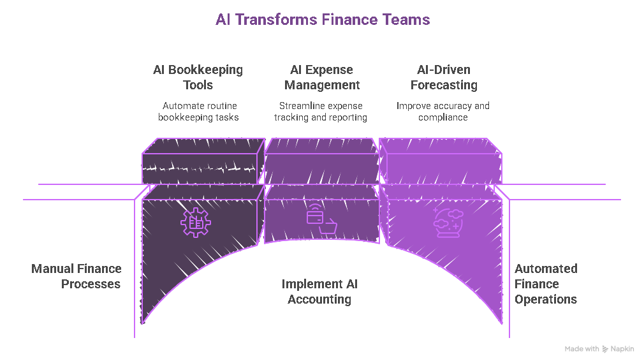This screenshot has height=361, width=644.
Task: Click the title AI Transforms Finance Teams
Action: coord(322,20)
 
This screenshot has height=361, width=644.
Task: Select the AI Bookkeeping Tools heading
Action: coord(198,77)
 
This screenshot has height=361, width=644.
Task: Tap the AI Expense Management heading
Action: coord(322,77)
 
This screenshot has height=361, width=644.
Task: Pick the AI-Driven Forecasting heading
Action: coord(443,77)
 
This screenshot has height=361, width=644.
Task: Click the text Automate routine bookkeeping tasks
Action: coord(198,112)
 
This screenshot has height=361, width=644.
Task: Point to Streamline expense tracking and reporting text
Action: coord(321,112)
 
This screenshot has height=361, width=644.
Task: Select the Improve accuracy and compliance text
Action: coord(443,112)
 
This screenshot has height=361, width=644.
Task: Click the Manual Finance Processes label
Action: coord(77,276)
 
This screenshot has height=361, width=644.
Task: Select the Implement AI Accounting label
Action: coord(319,291)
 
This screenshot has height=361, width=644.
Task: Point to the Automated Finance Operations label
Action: coord(546,284)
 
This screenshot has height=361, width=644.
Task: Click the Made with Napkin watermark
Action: coord(599,349)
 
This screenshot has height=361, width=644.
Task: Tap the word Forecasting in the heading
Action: coord(443,85)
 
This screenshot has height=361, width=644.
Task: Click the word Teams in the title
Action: coord(406,20)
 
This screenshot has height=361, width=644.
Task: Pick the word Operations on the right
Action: coord(546,299)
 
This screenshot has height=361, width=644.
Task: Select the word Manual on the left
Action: coord(52,269)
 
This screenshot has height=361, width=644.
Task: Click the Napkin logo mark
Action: coord(605,349)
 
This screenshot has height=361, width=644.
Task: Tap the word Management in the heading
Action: coord(322,85)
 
